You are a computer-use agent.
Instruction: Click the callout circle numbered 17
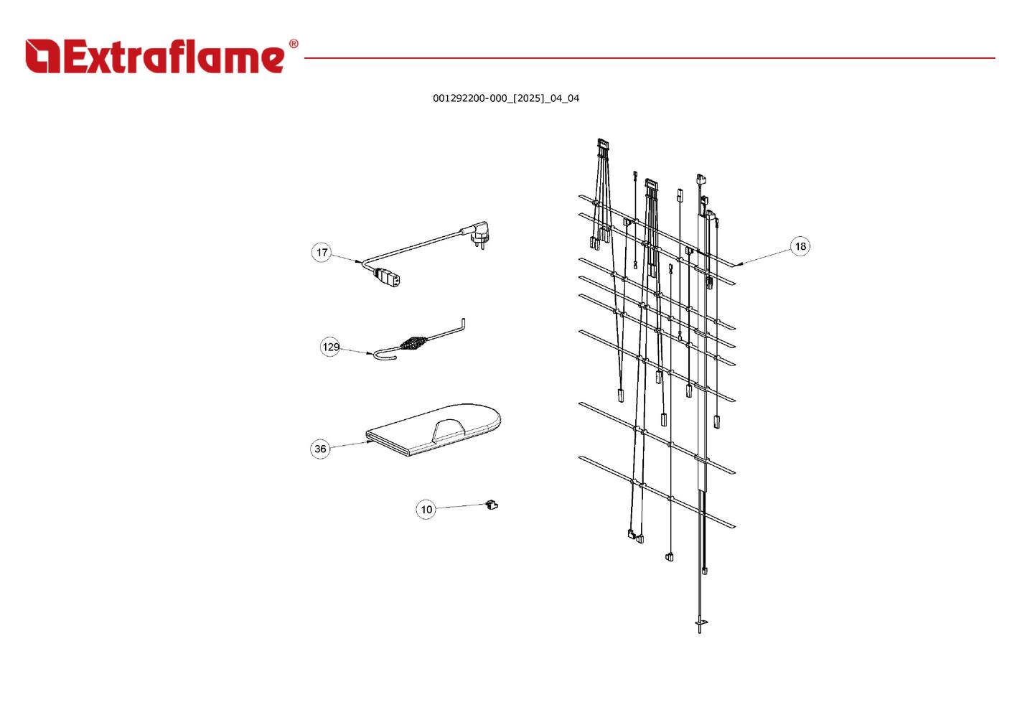point(322,252)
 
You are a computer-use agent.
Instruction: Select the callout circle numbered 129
point(330,347)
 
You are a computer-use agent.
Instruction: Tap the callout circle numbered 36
point(320,449)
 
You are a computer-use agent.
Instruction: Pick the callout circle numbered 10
point(426,510)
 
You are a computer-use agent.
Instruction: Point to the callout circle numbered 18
point(800,246)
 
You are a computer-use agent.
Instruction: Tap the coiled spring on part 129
point(413,342)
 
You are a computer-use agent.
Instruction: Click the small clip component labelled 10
point(492,505)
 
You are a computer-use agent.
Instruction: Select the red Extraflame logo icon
point(42,56)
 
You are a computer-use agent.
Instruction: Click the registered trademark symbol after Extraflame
point(293,45)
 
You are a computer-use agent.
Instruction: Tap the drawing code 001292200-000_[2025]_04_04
point(506,98)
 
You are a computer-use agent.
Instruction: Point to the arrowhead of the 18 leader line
point(739,263)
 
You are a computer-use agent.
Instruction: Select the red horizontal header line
point(646,58)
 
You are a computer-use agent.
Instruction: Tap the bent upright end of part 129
point(464,324)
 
